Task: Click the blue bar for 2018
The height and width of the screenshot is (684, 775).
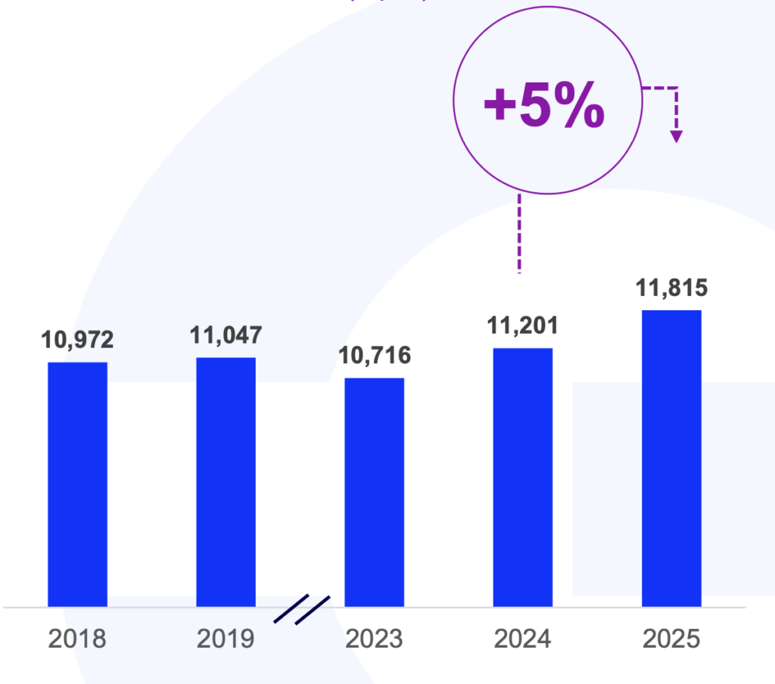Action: click(77, 484)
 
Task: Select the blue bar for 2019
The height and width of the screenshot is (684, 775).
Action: click(226, 482)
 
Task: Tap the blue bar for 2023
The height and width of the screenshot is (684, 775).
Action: click(374, 492)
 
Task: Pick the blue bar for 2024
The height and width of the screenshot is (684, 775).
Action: click(522, 477)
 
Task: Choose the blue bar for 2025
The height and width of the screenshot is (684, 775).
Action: click(671, 459)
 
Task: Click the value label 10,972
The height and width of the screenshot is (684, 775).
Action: click(77, 340)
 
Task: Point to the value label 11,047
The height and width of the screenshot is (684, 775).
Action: click(226, 335)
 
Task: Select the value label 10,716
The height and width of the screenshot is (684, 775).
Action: click(374, 356)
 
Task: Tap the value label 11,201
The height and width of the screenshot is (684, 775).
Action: click(522, 326)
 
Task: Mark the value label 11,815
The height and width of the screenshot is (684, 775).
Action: click(671, 288)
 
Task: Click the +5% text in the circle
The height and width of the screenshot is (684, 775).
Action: click(543, 106)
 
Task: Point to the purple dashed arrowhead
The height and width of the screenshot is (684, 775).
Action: click(677, 136)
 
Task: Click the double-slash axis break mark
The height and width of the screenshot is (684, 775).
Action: click(301, 610)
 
